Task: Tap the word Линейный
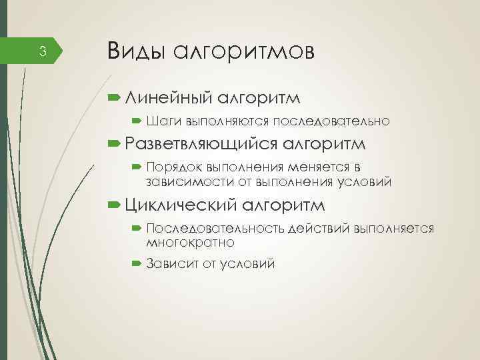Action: click(x=167, y=98)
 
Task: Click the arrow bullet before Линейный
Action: click(x=112, y=98)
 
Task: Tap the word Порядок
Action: click(x=174, y=167)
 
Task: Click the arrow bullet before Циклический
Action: click(x=112, y=203)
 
